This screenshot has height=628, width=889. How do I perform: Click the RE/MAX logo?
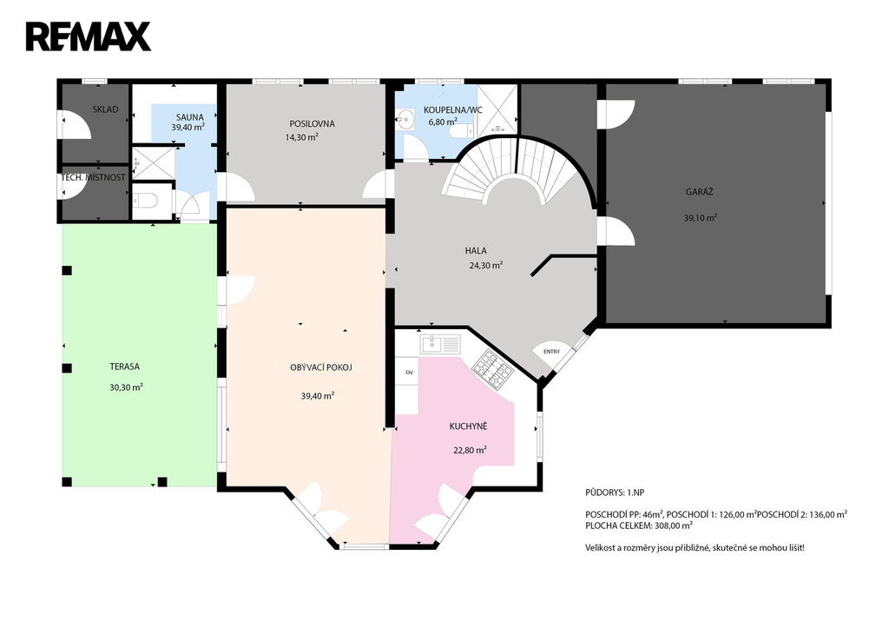tap(88, 36)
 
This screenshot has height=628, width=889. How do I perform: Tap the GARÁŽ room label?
tap(699, 192)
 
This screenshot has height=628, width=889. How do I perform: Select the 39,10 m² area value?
tap(701, 217)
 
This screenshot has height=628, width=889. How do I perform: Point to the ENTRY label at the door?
tap(551, 352)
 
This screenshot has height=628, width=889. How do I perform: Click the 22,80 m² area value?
tap(470, 451)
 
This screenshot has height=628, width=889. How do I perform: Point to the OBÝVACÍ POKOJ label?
tap(321, 367)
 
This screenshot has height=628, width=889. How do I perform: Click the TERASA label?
tap(124, 367)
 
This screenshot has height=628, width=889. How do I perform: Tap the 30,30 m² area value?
tap(126, 387)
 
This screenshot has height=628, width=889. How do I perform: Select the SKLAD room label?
tap(105, 109)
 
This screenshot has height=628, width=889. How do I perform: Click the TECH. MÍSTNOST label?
tap(93, 177)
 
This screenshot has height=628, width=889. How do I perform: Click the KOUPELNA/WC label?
tap(453, 110)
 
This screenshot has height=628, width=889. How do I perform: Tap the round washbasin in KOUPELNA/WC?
tap(405, 119)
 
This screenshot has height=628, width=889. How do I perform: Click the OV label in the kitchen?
tap(409, 373)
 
